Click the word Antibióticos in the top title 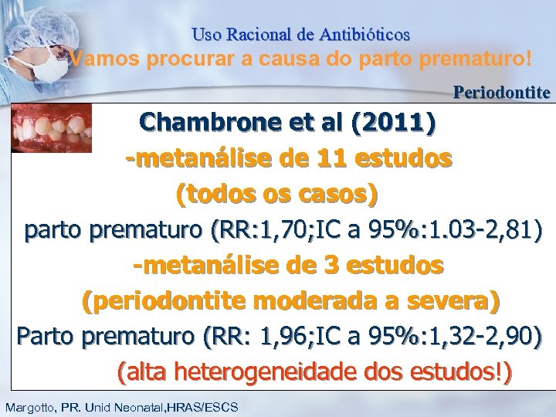coord(364,35)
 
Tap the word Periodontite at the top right coord(502,93)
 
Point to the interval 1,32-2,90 coord(482,337)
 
